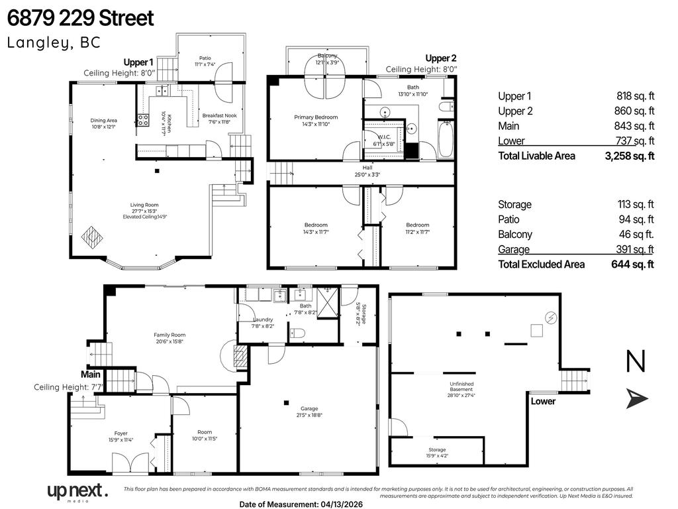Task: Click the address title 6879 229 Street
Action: click(x=81, y=18)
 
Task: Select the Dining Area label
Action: click(x=103, y=123)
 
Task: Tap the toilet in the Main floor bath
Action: click(x=297, y=333)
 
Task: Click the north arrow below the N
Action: click(x=637, y=398)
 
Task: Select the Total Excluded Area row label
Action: click(x=541, y=264)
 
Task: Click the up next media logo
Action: click(x=76, y=492)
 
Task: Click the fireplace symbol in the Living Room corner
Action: click(x=91, y=236)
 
